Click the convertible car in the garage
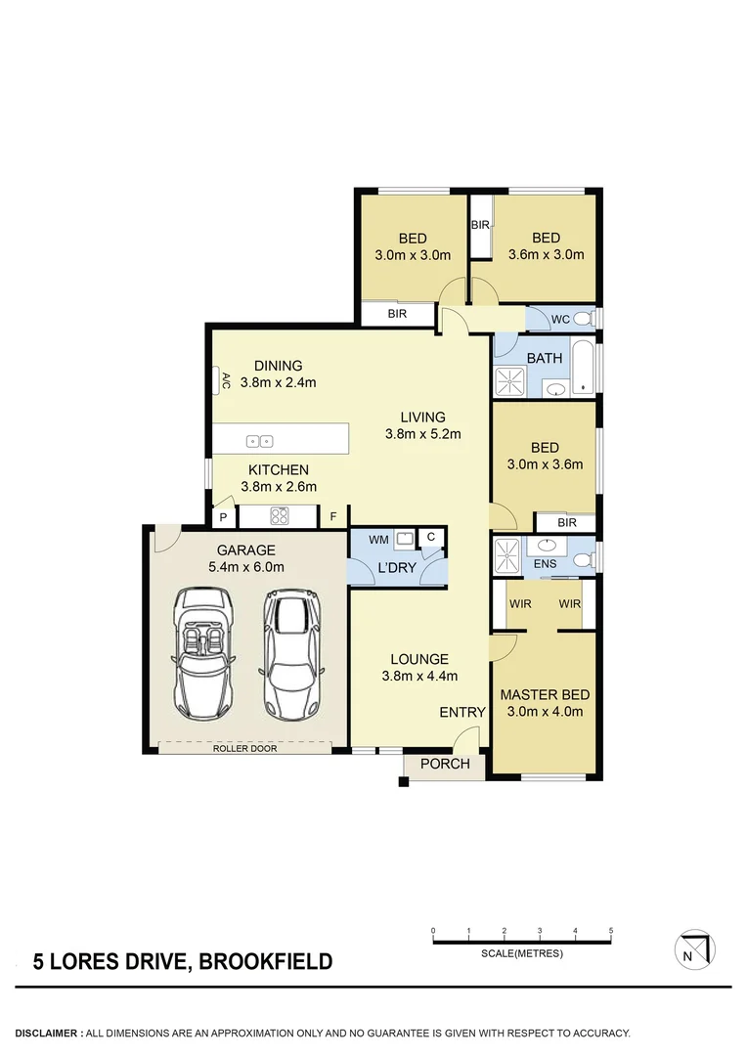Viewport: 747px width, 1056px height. click(x=204, y=653)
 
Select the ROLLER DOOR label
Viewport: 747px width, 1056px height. click(x=245, y=749)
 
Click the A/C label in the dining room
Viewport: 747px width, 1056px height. click(x=225, y=378)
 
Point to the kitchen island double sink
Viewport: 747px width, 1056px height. click(x=260, y=441)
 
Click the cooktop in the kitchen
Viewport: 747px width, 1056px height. click(x=278, y=515)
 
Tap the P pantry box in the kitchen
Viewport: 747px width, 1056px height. click(x=223, y=516)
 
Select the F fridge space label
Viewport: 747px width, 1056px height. click(x=333, y=516)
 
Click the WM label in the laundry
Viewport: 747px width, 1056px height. click(x=377, y=539)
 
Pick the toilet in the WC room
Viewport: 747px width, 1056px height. click(x=583, y=318)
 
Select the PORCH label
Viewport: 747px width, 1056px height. click(x=445, y=764)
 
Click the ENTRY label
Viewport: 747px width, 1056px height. click(x=461, y=712)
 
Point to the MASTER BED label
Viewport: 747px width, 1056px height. click(x=545, y=694)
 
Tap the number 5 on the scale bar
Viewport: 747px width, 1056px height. click(x=610, y=930)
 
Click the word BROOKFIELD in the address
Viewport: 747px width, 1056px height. click(x=265, y=962)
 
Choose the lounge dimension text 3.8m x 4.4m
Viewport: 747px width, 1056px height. click(x=419, y=676)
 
